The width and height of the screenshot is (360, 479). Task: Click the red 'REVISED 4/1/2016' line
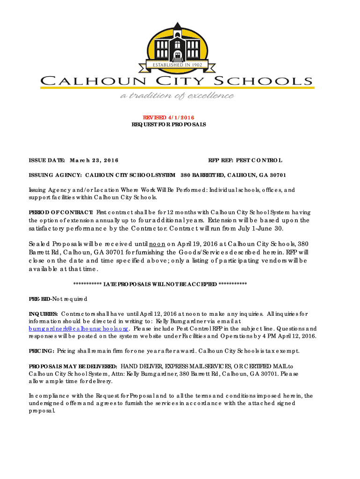click(x=168, y=117)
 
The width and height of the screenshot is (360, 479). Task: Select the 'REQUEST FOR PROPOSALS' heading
click(x=168, y=125)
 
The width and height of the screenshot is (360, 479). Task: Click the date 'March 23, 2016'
click(x=94, y=160)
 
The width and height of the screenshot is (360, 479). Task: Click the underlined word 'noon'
click(x=157, y=244)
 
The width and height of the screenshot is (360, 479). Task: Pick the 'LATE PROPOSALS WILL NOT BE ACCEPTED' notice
click(x=160, y=284)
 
